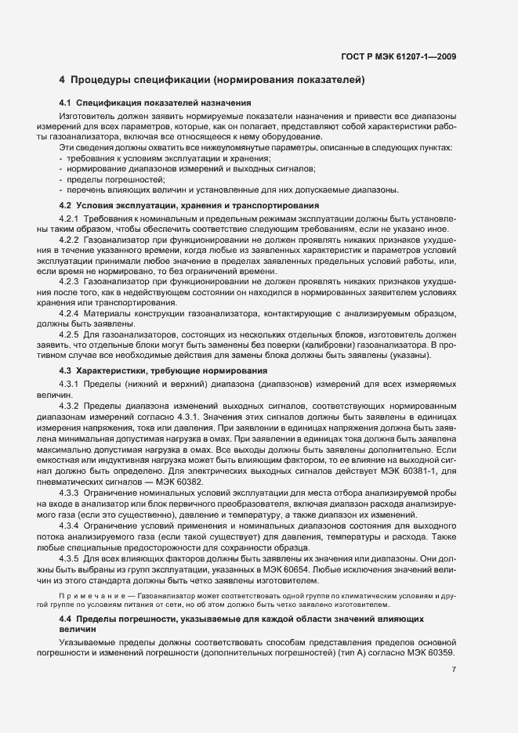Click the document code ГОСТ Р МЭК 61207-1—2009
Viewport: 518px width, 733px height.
coord(399,56)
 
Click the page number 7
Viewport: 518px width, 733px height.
coord(454,669)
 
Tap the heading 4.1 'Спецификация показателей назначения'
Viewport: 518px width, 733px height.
coord(154,103)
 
